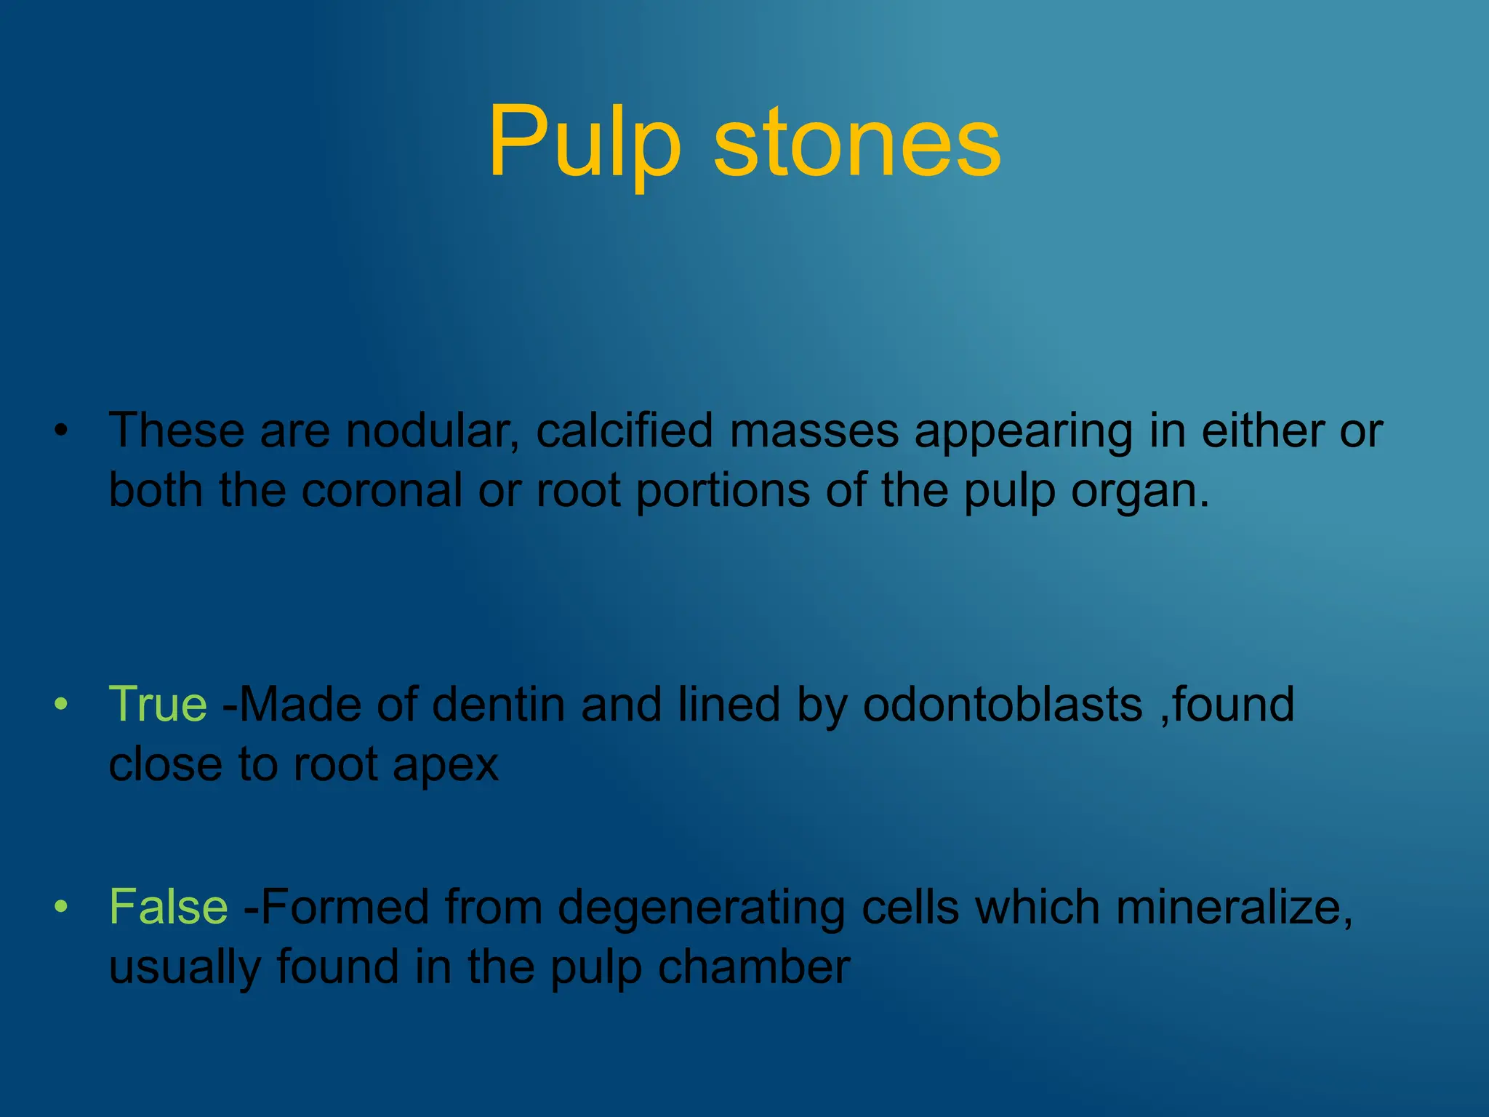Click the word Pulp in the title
[x=585, y=142]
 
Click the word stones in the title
[x=858, y=142]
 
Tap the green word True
[x=158, y=704]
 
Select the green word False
[x=168, y=907]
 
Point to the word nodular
[x=432, y=431]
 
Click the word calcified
[x=625, y=431]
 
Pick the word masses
[x=814, y=431]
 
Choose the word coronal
[x=382, y=490]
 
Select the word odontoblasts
[x=1003, y=704]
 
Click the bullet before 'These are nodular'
[x=61, y=431]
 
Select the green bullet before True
[x=61, y=704]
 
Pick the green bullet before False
[x=61, y=907]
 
